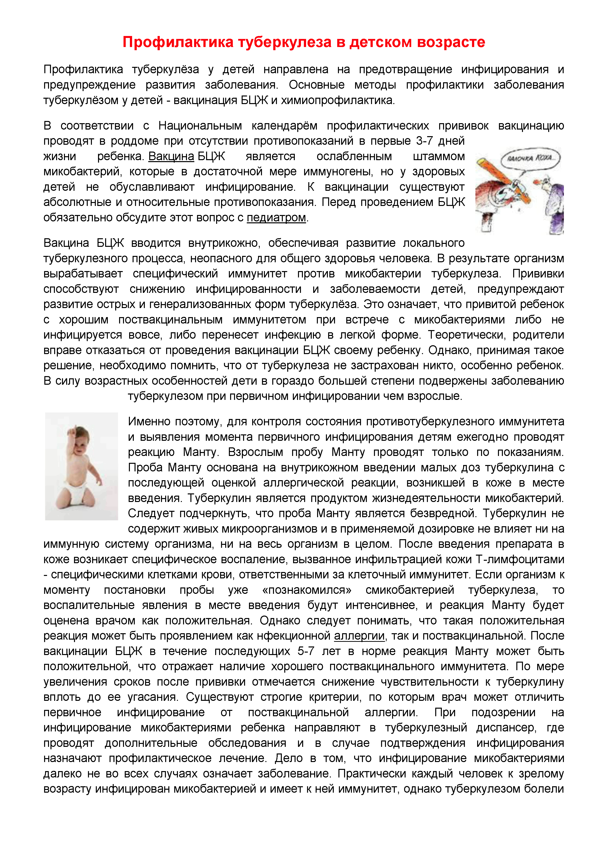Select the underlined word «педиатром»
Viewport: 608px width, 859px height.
click(276, 217)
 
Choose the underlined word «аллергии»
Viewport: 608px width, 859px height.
click(359, 636)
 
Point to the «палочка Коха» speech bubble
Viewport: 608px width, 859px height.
click(530, 159)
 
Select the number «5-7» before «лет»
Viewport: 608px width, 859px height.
click(306, 651)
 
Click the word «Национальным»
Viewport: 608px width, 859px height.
click(200, 125)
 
